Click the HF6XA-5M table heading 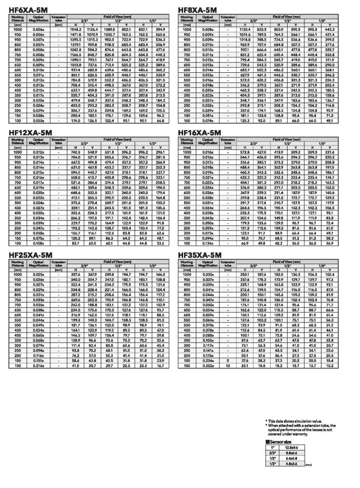(x=28, y=10)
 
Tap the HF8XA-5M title (x=197, y=10)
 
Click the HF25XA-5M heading (x=30, y=255)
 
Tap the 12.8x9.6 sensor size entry (x=292, y=448)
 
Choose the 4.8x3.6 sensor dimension (x=292, y=464)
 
